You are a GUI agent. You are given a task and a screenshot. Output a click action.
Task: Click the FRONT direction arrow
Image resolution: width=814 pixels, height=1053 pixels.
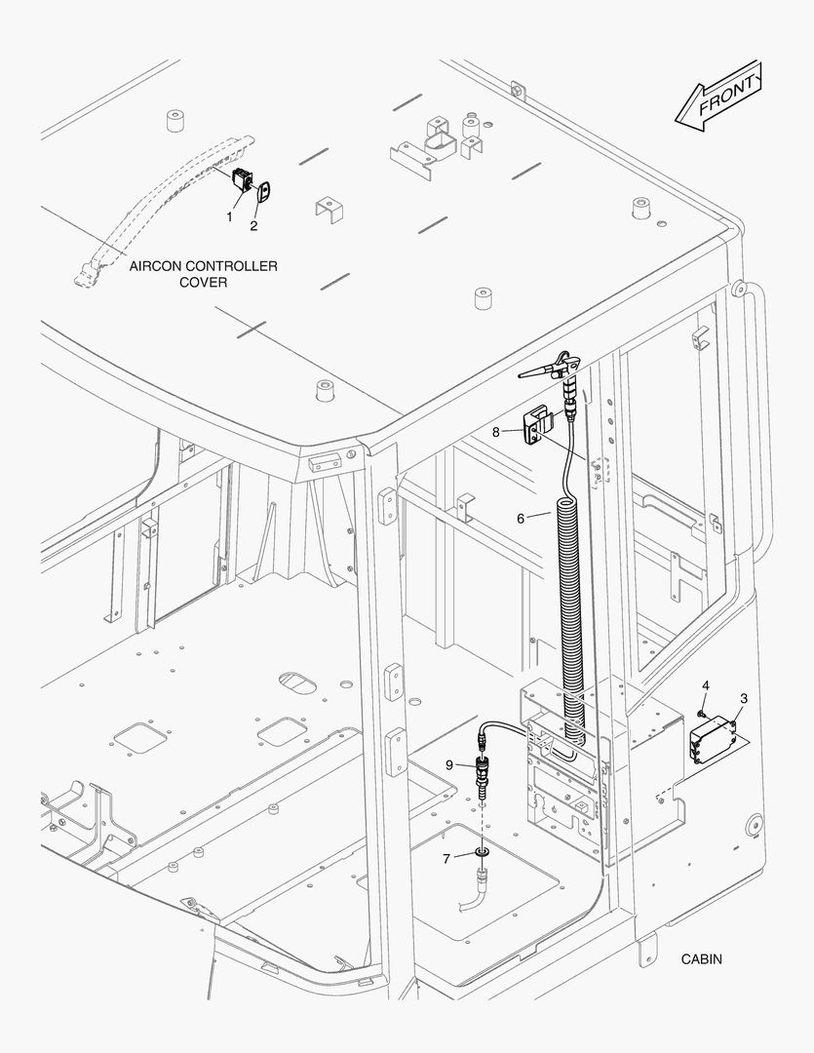pos(717,95)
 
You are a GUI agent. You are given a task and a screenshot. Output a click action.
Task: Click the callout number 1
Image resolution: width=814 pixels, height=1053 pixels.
pos(230,216)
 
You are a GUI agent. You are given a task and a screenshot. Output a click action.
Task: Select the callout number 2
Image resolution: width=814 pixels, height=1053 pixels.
pos(253,226)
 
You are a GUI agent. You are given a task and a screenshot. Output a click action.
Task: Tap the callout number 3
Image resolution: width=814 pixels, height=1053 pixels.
pos(744,698)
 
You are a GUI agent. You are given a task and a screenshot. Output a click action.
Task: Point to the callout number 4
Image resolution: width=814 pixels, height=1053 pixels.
pos(706,686)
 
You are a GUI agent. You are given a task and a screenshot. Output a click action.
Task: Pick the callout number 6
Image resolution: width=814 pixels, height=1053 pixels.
pos(521,518)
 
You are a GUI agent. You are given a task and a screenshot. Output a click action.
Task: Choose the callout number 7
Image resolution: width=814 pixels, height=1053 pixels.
pos(446,858)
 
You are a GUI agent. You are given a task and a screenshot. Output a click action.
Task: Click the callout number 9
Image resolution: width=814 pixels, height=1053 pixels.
pos(449,764)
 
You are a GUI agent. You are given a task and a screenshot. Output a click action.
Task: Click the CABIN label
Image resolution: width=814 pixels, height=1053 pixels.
pos(702,959)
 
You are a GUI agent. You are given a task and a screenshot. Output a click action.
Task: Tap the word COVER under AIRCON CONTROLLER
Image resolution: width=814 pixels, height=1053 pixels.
pos(203,283)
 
